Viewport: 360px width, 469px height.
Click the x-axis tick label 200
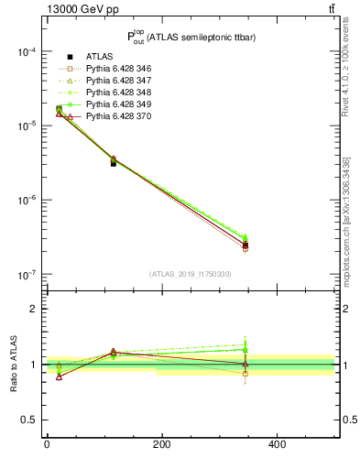[x=161, y=444]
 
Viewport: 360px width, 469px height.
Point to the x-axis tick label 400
[x=278, y=444]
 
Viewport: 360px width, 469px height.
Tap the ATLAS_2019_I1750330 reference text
[x=191, y=274]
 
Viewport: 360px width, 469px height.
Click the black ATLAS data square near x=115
[x=114, y=163]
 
